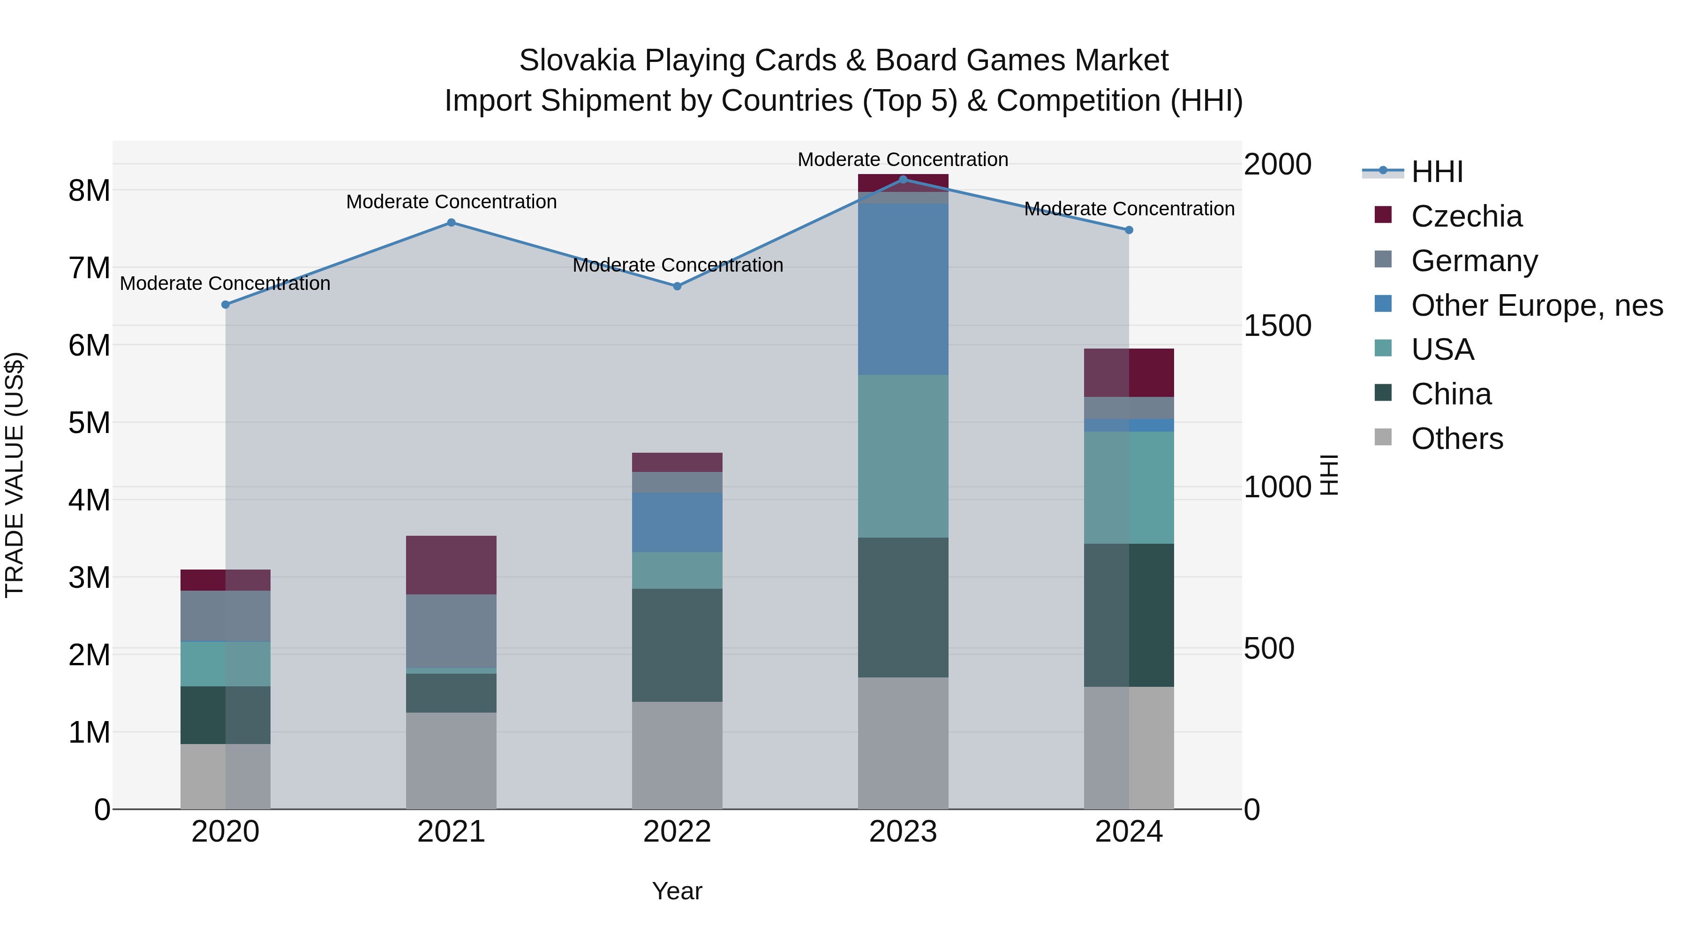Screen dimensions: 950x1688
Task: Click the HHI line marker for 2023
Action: click(903, 180)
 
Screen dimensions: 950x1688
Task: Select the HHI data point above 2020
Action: click(226, 305)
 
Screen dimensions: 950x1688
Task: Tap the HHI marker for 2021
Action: click(452, 223)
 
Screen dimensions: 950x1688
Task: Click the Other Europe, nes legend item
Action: click(1537, 305)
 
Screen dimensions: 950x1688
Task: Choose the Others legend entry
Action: click(1457, 439)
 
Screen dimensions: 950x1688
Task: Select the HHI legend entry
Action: click(1436, 172)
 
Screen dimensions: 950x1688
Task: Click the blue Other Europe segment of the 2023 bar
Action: click(903, 289)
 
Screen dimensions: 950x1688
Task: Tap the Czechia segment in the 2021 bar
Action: click(452, 565)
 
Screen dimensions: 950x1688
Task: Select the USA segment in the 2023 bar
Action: click(903, 456)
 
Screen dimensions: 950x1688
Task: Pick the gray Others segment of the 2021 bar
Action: click(452, 760)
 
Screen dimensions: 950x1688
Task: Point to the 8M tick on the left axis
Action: click(89, 191)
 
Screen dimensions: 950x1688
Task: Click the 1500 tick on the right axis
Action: click(1277, 326)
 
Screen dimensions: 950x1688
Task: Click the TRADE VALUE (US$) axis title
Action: click(15, 475)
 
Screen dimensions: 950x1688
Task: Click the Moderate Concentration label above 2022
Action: click(678, 266)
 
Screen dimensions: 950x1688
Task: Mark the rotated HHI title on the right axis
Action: click(1329, 475)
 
